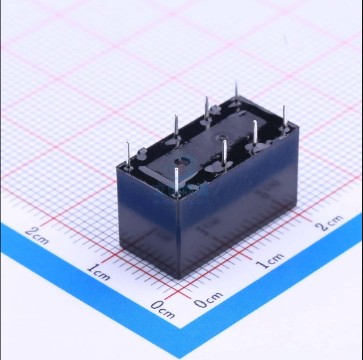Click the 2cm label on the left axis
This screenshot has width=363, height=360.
(37, 235)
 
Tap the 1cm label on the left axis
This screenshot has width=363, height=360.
(98, 271)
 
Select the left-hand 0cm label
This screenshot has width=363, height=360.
(163, 309)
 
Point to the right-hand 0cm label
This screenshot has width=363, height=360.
(208, 300)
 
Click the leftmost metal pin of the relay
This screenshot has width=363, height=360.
(128, 154)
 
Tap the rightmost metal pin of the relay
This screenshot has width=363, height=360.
(284, 117)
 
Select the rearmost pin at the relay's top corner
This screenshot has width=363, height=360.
(236, 91)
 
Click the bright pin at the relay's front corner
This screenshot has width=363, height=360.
(176, 182)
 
